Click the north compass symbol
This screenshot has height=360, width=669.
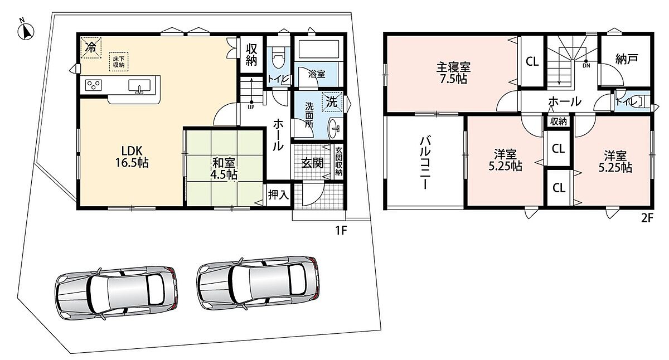click(x=26, y=31)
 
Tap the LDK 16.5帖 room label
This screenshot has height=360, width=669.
click(x=132, y=157)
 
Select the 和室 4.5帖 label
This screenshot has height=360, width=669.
click(x=224, y=169)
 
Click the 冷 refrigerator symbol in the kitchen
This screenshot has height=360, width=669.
click(x=91, y=47)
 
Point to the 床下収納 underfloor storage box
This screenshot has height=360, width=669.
click(x=119, y=62)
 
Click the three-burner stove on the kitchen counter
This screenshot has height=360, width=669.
click(x=94, y=85)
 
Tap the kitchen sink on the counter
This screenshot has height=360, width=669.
click(x=139, y=86)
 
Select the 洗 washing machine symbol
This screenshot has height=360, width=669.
click(x=332, y=101)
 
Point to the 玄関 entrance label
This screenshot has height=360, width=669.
click(x=312, y=163)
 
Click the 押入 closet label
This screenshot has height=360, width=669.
click(x=278, y=194)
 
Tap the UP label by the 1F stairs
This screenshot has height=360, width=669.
click(x=251, y=107)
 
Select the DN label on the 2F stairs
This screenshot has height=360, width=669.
click(x=586, y=66)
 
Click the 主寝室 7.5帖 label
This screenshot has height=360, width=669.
click(x=453, y=72)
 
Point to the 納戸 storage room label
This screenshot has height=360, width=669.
click(x=627, y=59)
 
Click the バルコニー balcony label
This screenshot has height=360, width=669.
click(x=425, y=163)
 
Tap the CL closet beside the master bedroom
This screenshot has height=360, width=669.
click(x=532, y=62)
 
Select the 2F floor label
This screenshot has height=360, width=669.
click(x=647, y=218)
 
